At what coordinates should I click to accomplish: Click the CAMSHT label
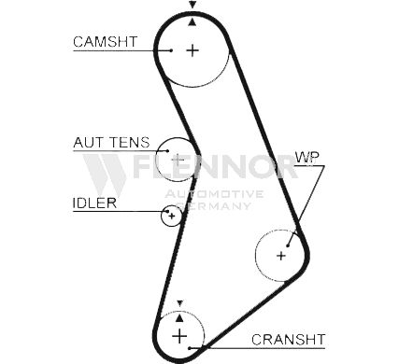(106, 42)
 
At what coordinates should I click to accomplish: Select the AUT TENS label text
(111, 143)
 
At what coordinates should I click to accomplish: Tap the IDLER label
(94, 203)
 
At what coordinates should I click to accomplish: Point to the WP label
(306, 158)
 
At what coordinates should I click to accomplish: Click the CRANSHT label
(289, 340)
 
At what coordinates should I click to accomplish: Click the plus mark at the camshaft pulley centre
(192, 50)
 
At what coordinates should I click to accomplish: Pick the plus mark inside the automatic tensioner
(178, 160)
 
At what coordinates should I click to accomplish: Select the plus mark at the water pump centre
(281, 256)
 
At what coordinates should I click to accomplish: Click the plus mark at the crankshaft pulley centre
(179, 336)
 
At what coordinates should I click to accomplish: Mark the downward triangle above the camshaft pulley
(192, 5)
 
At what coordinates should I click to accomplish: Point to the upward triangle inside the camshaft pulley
(192, 21)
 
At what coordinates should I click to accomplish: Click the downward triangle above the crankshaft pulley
(179, 303)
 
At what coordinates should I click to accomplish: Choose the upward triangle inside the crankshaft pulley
(179, 317)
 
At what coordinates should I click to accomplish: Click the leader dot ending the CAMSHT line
(171, 50)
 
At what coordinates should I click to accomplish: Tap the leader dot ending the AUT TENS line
(167, 151)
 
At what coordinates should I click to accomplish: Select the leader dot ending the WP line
(288, 245)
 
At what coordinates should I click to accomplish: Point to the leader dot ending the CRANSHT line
(190, 348)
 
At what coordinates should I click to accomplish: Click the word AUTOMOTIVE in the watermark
(214, 194)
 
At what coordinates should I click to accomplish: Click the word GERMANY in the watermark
(213, 205)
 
